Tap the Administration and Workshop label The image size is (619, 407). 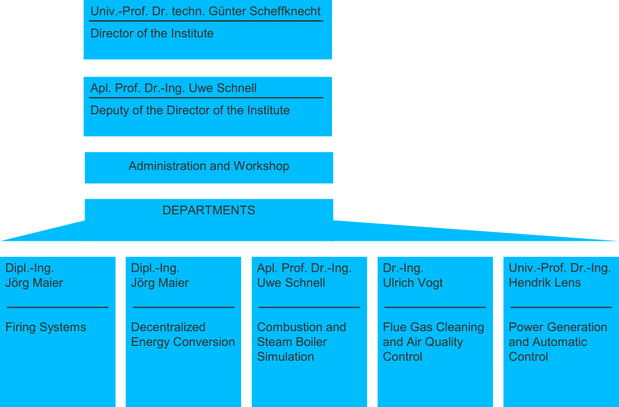coord(209,166)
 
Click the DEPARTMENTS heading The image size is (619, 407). coord(209,210)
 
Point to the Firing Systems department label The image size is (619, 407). coord(46,327)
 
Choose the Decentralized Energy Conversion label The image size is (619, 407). coord(183,335)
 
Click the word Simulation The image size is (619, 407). coord(286,356)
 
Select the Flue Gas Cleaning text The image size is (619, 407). coord(433,327)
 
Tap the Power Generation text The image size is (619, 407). coord(558,327)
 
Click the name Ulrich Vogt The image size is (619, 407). coord(412,283)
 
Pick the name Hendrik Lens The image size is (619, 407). coord(545,282)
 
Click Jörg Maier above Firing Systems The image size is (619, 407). coord(34,283)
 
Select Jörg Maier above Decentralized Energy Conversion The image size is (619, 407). coord(160,283)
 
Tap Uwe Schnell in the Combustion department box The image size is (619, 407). coord(291,283)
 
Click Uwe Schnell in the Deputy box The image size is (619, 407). coord(223,88)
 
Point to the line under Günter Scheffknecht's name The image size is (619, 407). coord(206,21)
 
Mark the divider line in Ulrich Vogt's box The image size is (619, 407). coord(435,307)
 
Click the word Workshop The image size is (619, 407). coord(262,166)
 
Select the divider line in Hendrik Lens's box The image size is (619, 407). coord(561,307)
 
